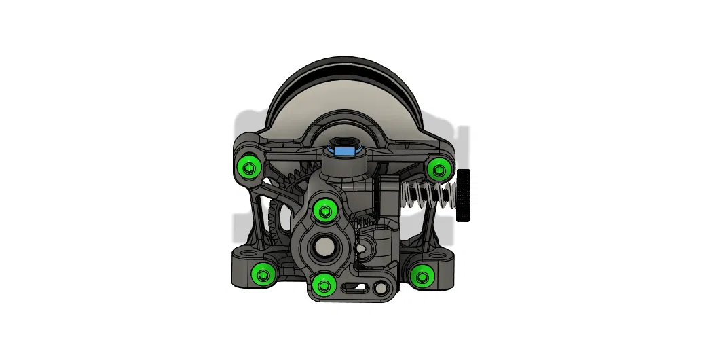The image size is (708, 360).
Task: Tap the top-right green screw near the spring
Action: [439, 167]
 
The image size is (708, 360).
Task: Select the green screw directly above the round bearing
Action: [324, 211]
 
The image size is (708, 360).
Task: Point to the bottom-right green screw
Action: [422, 275]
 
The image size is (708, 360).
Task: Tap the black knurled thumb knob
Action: [464, 196]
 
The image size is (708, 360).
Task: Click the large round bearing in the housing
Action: [323, 248]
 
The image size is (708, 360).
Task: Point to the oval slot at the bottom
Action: [352, 290]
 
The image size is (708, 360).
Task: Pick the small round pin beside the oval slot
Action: [380, 289]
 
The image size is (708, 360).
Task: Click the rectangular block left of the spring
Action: [389, 196]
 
